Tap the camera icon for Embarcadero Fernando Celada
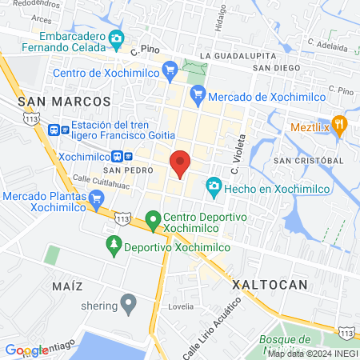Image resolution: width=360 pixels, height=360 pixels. (x=116, y=38)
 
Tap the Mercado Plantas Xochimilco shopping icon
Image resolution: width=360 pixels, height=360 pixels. (x=14, y=195)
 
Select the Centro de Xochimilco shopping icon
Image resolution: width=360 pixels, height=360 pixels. (x=170, y=71)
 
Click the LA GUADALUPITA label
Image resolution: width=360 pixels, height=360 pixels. (x=238, y=56)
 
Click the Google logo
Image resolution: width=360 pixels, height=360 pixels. (x=26, y=350)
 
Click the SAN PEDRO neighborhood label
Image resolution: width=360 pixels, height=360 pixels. (x=122, y=170)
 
